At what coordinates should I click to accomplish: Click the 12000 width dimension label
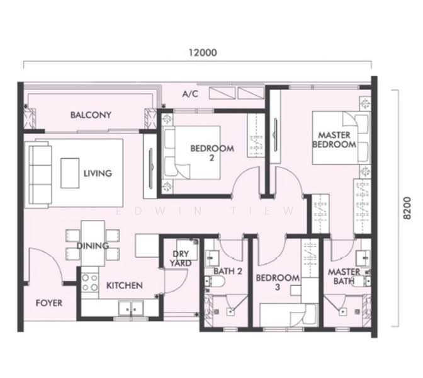[203, 52]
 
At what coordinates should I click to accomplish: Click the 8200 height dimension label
[407, 208]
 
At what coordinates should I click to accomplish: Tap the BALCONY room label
[91, 115]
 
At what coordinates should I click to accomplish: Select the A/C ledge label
[190, 94]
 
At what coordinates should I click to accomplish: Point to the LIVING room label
[98, 173]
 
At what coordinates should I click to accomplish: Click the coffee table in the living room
[70, 173]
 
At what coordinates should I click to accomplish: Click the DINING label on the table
[93, 246]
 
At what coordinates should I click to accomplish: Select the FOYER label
[49, 303]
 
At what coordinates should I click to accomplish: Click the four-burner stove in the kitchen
[90, 282]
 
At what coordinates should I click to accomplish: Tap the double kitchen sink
[131, 308]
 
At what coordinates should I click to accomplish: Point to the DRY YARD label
[181, 258]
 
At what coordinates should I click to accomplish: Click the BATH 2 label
[228, 271]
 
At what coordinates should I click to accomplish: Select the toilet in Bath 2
[215, 282]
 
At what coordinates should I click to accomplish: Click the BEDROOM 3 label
[278, 282]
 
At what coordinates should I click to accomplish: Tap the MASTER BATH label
[344, 276]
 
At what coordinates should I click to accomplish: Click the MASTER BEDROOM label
[334, 140]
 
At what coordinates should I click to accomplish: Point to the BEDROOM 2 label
[212, 153]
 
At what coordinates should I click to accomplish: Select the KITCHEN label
[125, 285]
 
